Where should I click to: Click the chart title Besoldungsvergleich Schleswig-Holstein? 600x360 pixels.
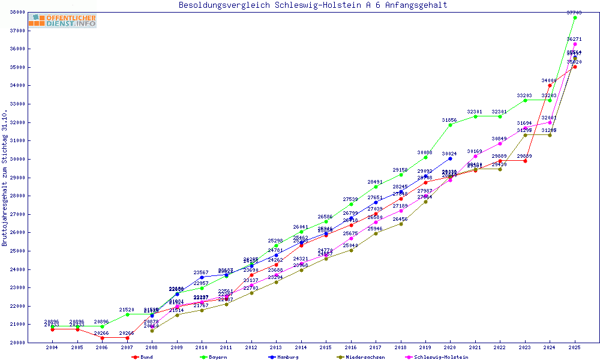click(313, 5)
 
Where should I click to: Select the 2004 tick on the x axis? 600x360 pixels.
click(52, 347)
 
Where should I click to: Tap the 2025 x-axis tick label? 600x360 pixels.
click(575, 347)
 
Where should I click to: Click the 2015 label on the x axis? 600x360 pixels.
click(326, 347)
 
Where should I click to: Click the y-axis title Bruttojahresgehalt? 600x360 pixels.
click(5, 178)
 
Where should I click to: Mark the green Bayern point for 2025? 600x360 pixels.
click(575, 17)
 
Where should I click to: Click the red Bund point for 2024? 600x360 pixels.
click(550, 85)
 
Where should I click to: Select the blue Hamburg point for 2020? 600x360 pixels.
click(451, 158)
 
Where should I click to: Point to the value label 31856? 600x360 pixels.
click(450, 120)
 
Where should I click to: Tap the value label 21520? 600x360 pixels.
click(127, 310)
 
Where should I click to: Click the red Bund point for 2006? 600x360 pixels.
click(102, 338)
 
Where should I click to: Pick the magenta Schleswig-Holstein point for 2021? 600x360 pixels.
click(475, 156)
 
